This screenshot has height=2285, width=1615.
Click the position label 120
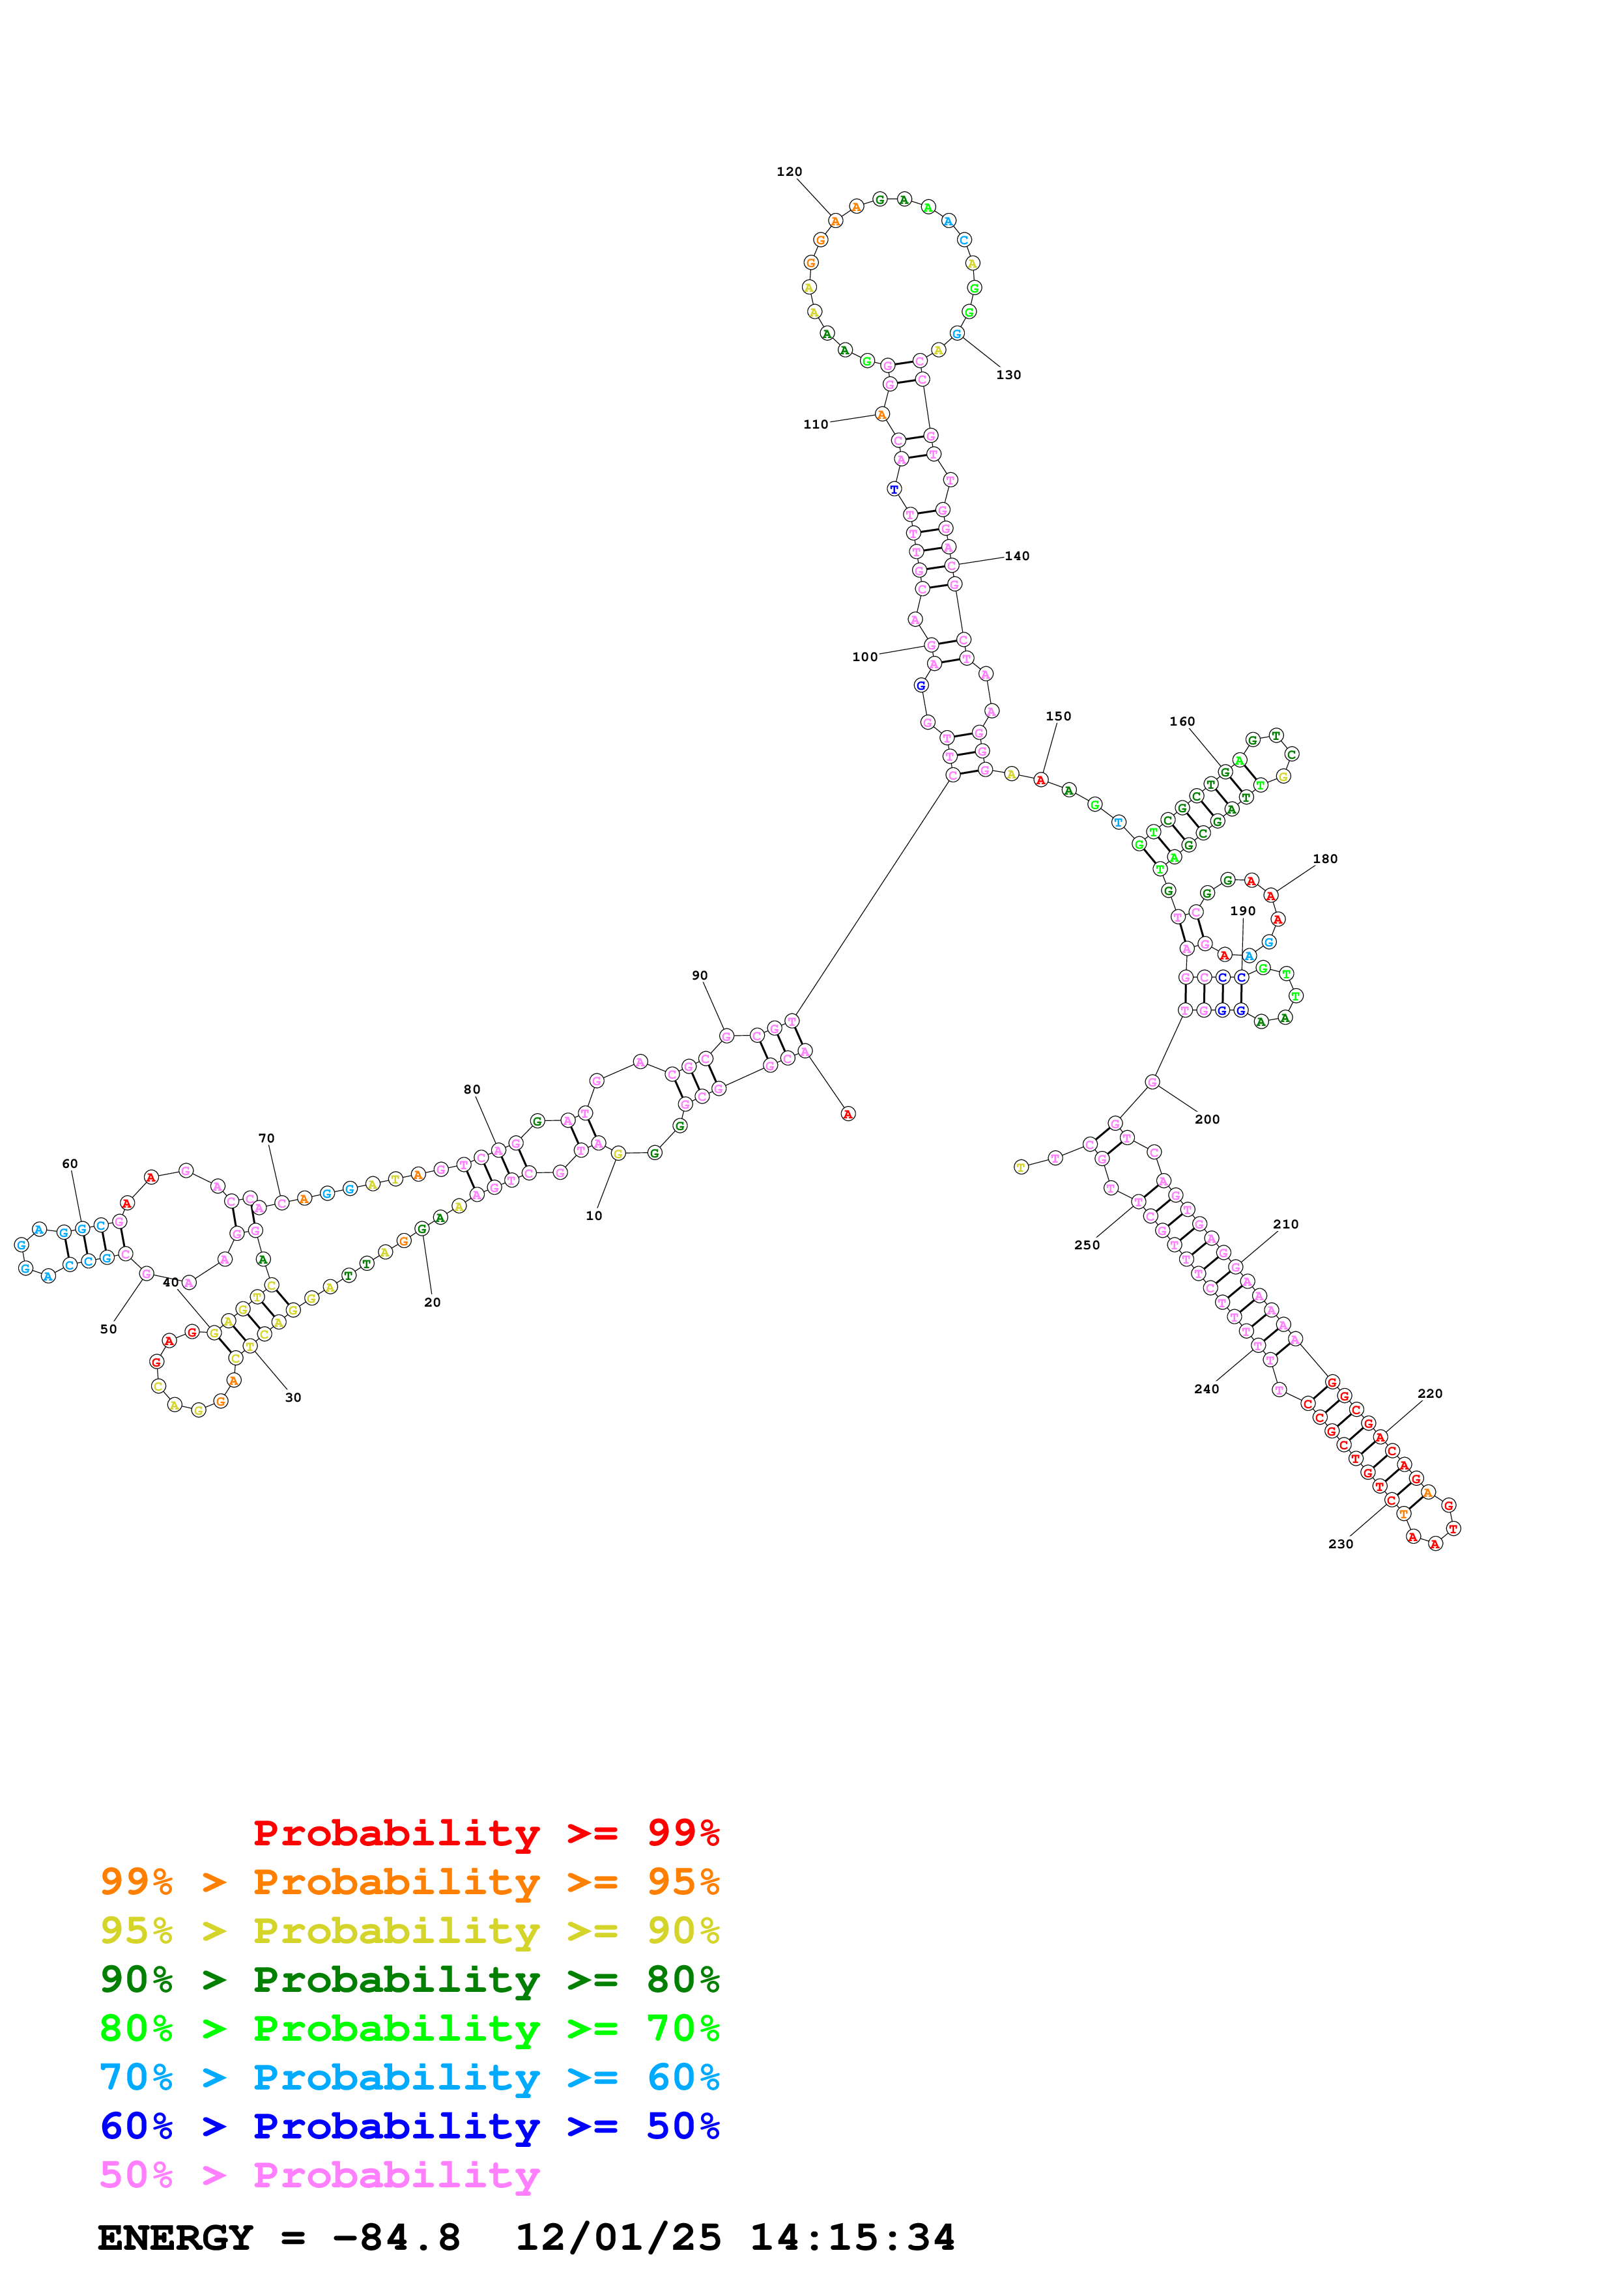(x=789, y=172)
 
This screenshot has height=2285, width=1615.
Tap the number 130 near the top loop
(x=1008, y=375)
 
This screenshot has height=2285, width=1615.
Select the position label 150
(x=1058, y=717)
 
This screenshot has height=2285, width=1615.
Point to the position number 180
(x=1324, y=859)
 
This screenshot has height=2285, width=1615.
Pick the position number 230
(x=1339, y=1544)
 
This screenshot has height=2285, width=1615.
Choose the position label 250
(x=1087, y=1245)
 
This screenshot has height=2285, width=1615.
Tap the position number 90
(x=700, y=976)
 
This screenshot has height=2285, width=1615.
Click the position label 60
(x=70, y=1165)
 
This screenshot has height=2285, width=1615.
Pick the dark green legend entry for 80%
(x=409, y=1980)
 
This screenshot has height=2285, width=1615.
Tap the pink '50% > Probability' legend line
(x=319, y=2176)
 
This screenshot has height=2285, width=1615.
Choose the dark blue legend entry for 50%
(x=409, y=2127)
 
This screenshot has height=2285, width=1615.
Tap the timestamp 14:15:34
(x=851, y=2238)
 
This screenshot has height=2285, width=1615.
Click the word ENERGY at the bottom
(x=175, y=2238)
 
